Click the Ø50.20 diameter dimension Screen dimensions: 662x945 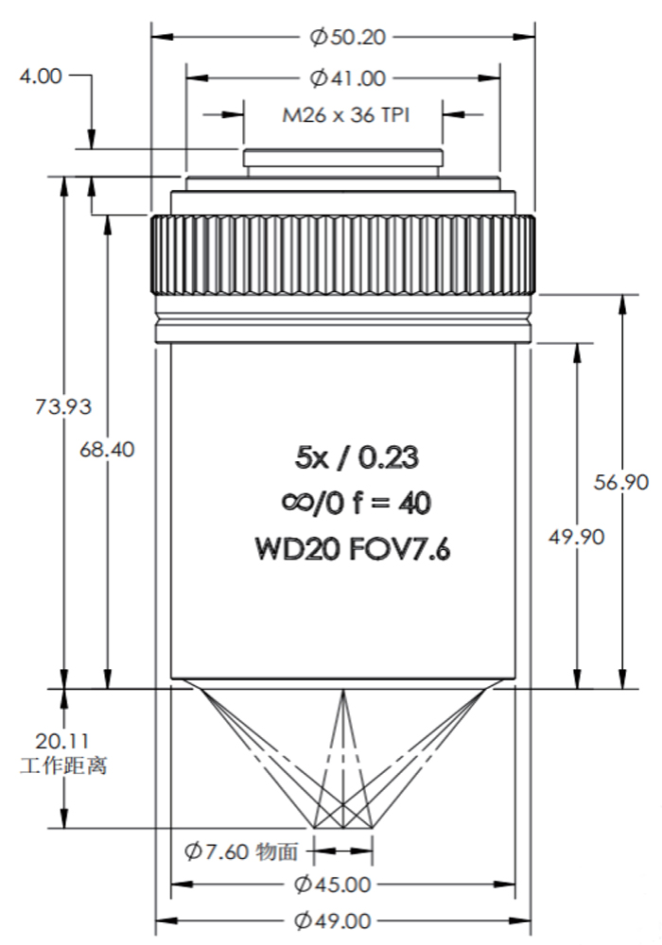point(347,38)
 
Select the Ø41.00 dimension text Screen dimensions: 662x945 point(347,78)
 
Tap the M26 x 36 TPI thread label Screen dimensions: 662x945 point(346,114)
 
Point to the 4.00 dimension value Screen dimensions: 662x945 point(41,77)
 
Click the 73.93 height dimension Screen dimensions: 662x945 point(63,406)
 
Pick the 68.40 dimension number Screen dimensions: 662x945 point(107,450)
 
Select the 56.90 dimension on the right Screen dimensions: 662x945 point(621,482)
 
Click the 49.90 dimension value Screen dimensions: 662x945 point(576,537)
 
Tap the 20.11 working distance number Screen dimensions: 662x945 point(62,741)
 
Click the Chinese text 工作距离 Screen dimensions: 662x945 point(64,765)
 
